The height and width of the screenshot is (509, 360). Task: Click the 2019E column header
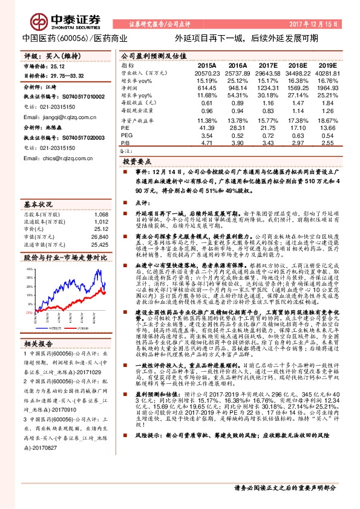(x=327, y=64)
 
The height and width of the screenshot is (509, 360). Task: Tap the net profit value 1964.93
(x=326, y=88)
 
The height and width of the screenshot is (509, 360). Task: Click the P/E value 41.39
(x=207, y=129)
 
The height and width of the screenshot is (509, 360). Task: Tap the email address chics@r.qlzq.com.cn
(x=53, y=159)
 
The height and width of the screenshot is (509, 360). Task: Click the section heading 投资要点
(x=137, y=163)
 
